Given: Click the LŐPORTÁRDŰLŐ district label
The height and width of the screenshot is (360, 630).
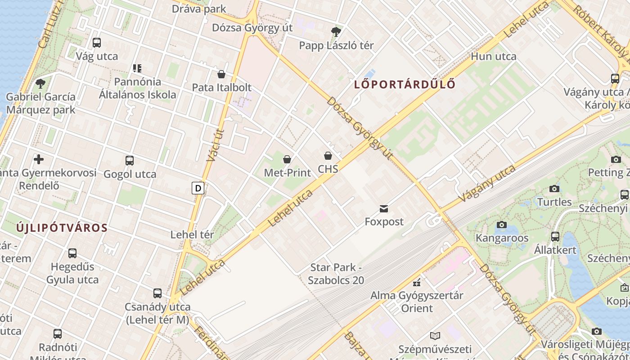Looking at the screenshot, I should point(405,84).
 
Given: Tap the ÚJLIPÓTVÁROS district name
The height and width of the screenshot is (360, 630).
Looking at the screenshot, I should point(62,228).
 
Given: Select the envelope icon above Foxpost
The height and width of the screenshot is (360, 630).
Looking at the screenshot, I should point(384,208).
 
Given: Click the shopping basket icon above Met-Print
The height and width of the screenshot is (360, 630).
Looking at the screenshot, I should point(287,159).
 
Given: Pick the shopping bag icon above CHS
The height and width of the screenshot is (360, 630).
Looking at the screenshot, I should point(328,156).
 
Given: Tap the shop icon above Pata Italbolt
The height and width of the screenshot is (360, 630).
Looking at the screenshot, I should point(221,74).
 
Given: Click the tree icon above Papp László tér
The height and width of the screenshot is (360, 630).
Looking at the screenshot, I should point(336,31).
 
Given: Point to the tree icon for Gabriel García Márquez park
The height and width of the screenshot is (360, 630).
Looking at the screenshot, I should point(40,83).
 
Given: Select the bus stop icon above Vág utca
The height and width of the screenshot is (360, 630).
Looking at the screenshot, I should point(97,43).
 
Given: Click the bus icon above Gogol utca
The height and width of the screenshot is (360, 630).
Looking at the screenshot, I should point(130,161).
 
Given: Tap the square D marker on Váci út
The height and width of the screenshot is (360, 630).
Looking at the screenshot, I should point(198,188).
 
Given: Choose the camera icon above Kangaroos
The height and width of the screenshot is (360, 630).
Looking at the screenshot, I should point(501,225).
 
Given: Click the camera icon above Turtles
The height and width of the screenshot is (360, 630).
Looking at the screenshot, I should point(554,189).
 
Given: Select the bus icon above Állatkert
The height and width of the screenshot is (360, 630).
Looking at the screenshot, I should point(555,236).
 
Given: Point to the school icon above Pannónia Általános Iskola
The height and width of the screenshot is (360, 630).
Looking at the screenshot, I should point(137,68).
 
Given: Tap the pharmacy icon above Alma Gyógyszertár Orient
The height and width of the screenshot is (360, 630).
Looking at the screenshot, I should point(417,283).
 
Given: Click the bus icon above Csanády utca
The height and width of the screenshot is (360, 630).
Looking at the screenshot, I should point(157,293).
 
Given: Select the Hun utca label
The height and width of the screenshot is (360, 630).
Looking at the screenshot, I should point(493,57).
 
